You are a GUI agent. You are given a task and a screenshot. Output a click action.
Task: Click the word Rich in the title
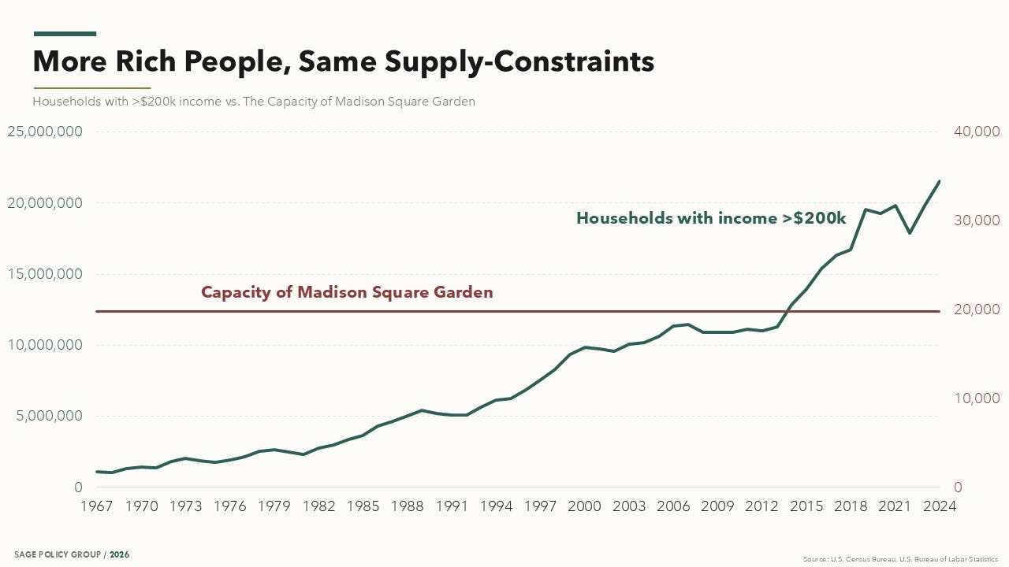tap(146, 61)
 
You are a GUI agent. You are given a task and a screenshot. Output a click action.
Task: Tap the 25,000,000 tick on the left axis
tap(45, 132)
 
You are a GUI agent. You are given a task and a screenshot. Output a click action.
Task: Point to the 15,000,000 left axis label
tap(45, 273)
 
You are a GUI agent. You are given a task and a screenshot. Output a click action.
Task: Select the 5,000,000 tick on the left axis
tap(49, 415)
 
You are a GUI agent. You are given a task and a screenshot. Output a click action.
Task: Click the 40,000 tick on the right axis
tap(977, 132)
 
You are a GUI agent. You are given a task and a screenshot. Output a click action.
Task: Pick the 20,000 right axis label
tap(977, 309)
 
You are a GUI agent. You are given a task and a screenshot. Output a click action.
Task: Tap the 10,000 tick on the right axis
tap(977, 398)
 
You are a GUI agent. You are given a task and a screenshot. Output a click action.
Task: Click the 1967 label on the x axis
tap(96, 506)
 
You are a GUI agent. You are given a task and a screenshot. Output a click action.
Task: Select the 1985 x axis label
tap(363, 506)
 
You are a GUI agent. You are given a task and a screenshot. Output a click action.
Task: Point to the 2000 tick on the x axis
tap(584, 506)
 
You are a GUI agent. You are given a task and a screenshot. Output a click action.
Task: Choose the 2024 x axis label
tap(940, 506)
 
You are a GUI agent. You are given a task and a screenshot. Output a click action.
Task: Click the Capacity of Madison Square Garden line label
tap(347, 292)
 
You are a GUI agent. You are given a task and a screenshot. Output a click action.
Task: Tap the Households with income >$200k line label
tap(711, 218)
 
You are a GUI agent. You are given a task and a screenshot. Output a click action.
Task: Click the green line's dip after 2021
tap(910, 233)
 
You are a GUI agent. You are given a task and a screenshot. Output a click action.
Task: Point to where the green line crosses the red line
tap(787, 311)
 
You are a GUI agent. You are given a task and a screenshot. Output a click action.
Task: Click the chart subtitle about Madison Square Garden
tap(254, 102)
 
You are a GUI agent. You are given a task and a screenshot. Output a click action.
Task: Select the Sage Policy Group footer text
tap(72, 554)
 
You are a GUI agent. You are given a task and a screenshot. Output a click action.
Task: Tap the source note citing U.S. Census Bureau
tap(900, 559)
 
